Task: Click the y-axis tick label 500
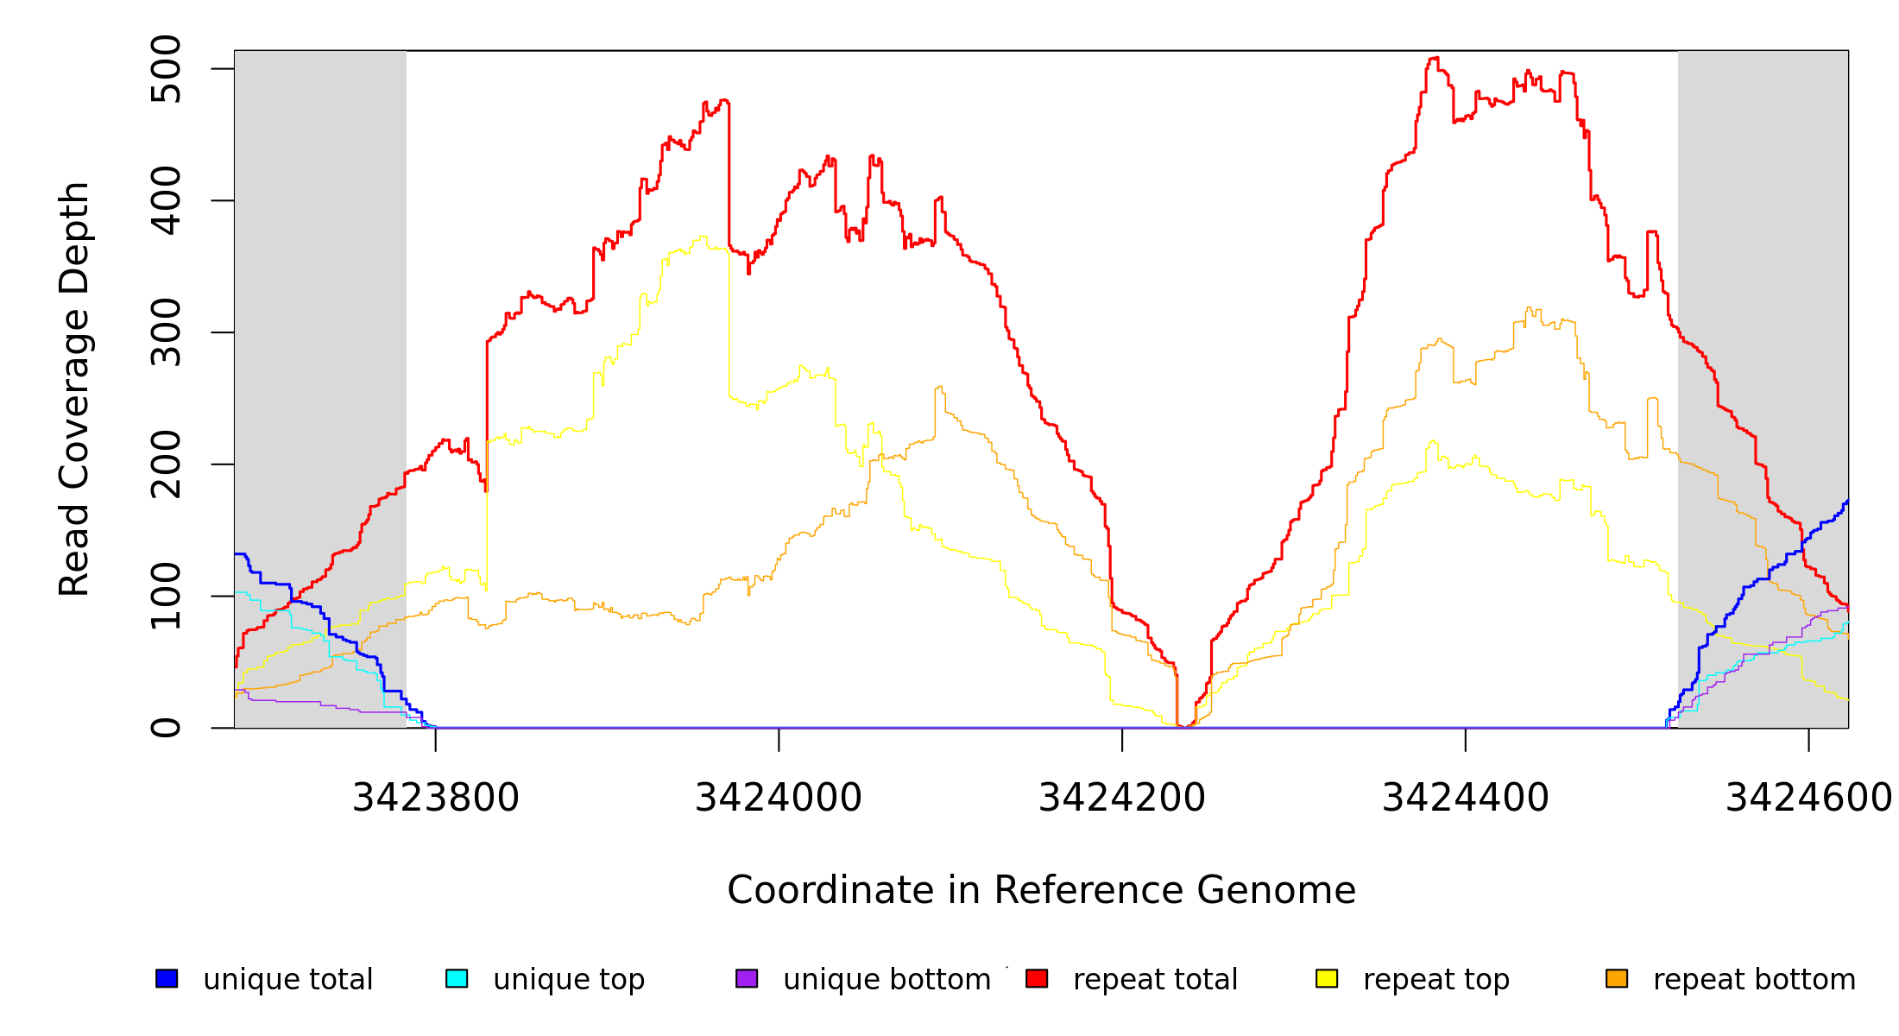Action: pyautogui.click(x=165, y=69)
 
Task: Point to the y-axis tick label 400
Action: pyautogui.click(x=165, y=201)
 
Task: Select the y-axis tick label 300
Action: pyautogui.click(x=165, y=332)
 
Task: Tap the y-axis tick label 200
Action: pyautogui.click(x=165, y=464)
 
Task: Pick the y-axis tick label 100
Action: pyautogui.click(x=165, y=596)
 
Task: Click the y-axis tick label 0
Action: pyautogui.click(x=165, y=728)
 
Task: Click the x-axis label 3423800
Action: pyautogui.click(x=436, y=798)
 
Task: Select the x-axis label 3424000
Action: pyautogui.click(x=779, y=798)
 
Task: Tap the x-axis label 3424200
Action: pyautogui.click(x=1122, y=798)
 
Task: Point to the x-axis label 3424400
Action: pyautogui.click(x=1466, y=798)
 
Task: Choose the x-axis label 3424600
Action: pyautogui.click(x=1808, y=798)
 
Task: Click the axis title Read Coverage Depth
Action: pyautogui.click(x=74, y=388)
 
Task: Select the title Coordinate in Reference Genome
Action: pyautogui.click(x=1041, y=890)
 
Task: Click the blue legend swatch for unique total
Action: pyautogui.click(x=167, y=978)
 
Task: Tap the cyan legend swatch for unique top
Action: pyautogui.click(x=457, y=978)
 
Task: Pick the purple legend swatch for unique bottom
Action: pyautogui.click(x=747, y=978)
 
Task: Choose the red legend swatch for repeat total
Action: pyautogui.click(x=1037, y=978)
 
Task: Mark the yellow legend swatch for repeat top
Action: pyautogui.click(x=1327, y=978)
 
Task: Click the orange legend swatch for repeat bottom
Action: pyautogui.click(x=1617, y=978)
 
